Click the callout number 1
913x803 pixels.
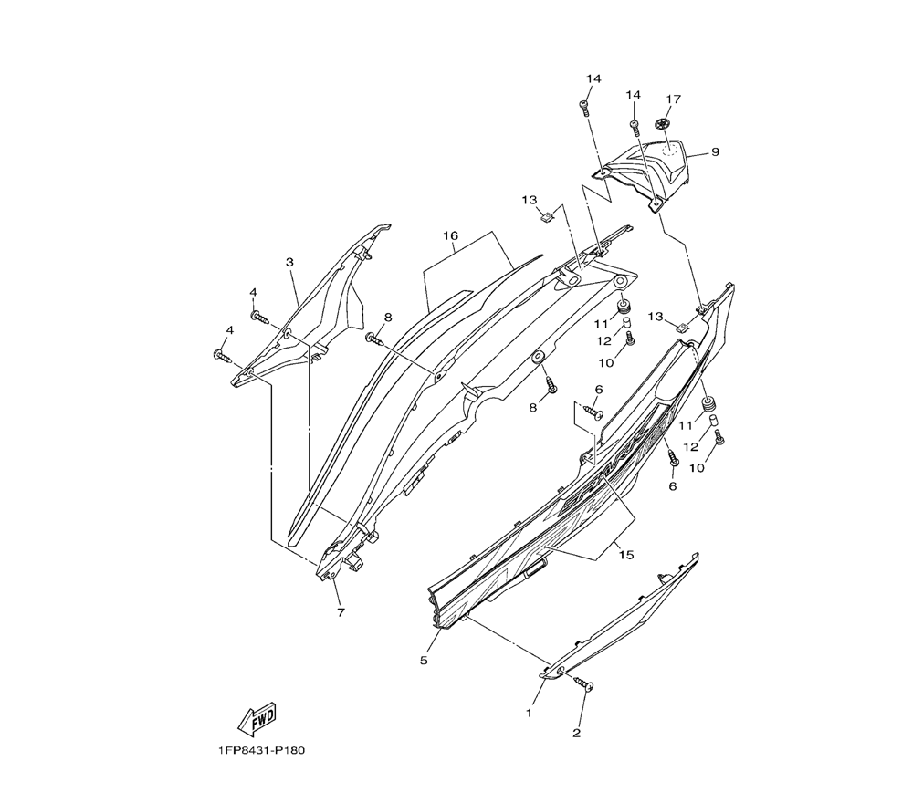[x=528, y=713]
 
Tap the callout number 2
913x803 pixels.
[x=576, y=732]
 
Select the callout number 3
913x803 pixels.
[x=289, y=263]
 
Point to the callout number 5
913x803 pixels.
[x=424, y=660]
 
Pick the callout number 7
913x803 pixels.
[x=341, y=612]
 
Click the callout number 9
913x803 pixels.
[x=715, y=152]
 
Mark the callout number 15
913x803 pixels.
[x=624, y=554]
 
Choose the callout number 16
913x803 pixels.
[x=450, y=235]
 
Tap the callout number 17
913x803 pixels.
[x=673, y=99]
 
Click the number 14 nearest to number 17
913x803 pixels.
[x=634, y=96]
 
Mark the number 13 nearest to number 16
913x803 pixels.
[x=530, y=200]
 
